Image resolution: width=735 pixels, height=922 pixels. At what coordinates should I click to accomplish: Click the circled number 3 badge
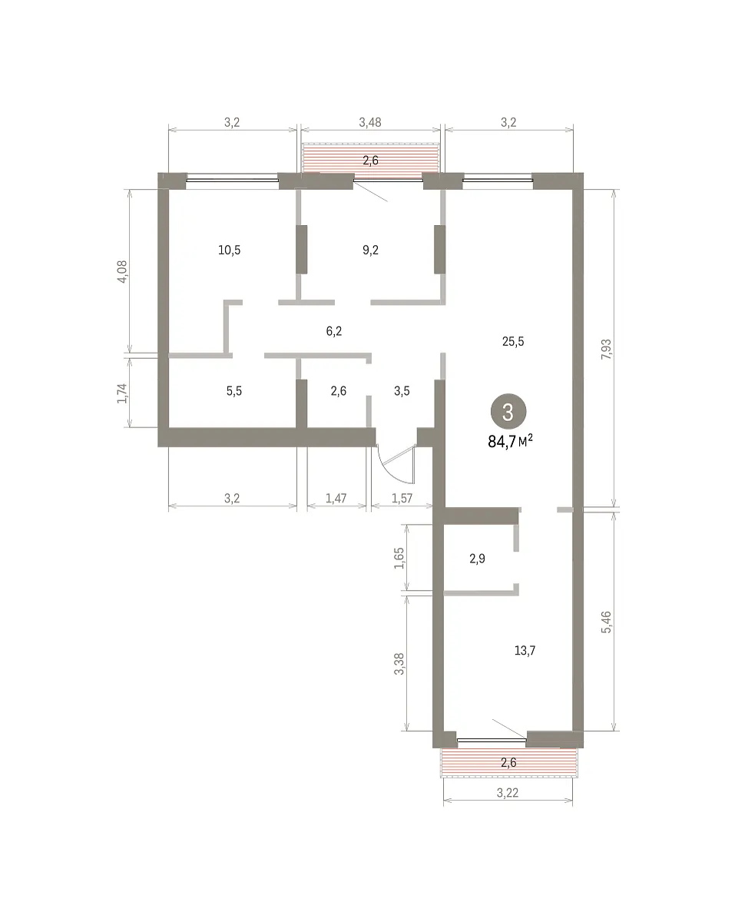508,411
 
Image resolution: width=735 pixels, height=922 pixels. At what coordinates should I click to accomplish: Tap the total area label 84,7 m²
511,441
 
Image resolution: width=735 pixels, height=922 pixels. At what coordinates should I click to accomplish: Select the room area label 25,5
513,341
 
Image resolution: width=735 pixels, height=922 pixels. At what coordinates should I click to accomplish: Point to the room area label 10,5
229,250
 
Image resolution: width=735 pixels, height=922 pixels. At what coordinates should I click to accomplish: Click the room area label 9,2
370,250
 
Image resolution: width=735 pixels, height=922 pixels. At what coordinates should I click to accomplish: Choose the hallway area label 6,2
334,331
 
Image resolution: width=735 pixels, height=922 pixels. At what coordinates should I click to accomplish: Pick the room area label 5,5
234,391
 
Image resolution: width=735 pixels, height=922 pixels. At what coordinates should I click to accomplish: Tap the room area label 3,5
402,391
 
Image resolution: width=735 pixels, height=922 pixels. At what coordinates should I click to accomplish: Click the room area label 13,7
525,650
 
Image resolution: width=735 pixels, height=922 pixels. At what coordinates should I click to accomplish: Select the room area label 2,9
477,559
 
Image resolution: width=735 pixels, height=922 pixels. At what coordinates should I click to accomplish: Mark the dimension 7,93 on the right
607,349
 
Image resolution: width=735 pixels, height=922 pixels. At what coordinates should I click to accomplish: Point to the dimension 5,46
607,622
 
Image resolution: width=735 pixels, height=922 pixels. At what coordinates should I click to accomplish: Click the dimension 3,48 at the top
370,122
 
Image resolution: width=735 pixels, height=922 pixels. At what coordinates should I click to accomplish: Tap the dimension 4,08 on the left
122,272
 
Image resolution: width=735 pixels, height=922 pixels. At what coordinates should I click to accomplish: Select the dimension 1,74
122,393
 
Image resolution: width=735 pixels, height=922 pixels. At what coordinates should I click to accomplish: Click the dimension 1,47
336,498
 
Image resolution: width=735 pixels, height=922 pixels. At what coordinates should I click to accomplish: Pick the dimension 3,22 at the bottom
508,793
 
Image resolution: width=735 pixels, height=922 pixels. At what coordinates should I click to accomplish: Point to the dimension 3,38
399,664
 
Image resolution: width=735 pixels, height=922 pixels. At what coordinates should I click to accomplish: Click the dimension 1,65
399,558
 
